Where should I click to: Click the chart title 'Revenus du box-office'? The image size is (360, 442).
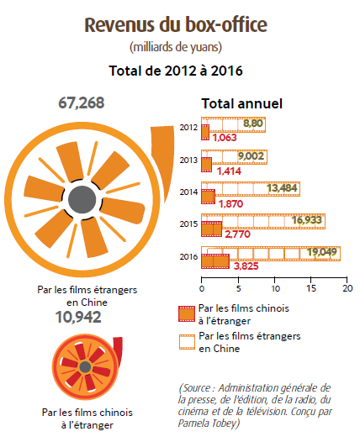pos(176,25)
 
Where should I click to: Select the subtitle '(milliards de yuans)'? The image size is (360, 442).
pos(176,47)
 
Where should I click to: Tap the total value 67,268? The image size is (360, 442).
pos(82,103)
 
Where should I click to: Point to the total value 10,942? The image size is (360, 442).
pos(78,317)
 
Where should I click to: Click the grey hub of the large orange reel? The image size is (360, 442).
pos(82,199)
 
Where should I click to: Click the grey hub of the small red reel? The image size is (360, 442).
pos(85,367)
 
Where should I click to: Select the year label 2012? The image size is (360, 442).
pos(188,128)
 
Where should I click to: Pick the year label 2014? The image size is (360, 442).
pos(188,192)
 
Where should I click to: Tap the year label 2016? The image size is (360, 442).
pos(188,257)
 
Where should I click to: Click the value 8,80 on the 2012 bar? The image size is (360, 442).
pos(253,124)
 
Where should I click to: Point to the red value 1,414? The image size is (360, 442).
pos(229,171)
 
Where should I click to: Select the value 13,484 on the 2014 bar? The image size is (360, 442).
pos(282,187)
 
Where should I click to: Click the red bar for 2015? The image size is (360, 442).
pos(211,229)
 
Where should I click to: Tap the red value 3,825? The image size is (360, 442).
pos(246,266)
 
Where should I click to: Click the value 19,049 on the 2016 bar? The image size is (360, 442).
pos(322,252)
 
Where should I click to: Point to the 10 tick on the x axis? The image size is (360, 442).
pos(276,288)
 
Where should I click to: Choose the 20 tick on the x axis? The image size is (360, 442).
pos(348,288)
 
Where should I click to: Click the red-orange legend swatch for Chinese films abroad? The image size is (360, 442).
pos(187,313)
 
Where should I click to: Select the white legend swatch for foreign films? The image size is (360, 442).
pos(187,342)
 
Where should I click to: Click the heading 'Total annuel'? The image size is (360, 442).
pos(241,103)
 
